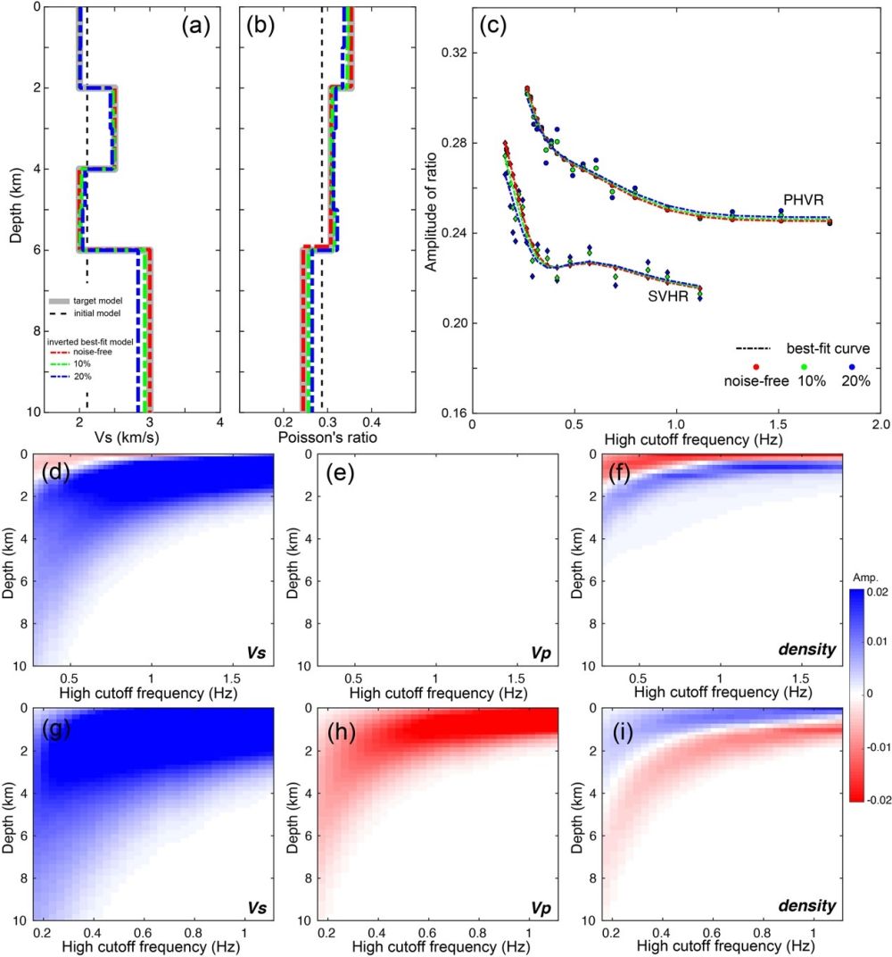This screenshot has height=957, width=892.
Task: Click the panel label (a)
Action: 194,26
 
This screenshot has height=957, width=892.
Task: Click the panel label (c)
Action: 493,26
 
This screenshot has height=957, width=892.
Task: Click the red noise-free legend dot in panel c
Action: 756,366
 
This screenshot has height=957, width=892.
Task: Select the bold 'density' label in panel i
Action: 805,906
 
